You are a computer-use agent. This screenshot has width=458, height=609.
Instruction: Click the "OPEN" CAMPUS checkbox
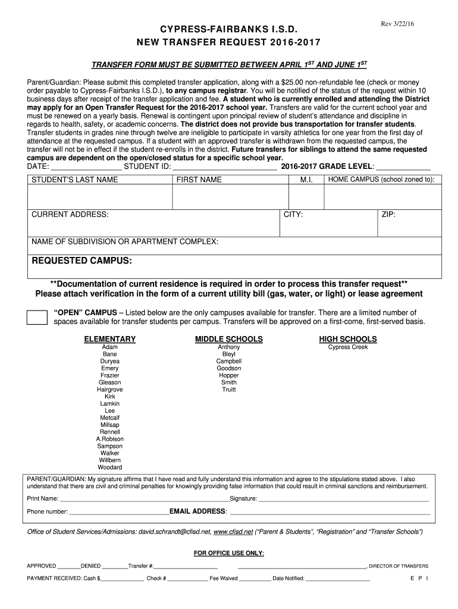pyautogui.click(x=37, y=317)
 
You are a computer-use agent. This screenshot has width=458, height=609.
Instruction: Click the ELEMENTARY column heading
pyautogui.click(x=110, y=339)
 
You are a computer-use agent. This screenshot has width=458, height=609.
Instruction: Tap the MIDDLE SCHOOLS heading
pyautogui.click(x=229, y=339)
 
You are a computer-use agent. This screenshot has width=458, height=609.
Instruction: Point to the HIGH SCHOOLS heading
pyautogui.click(x=348, y=339)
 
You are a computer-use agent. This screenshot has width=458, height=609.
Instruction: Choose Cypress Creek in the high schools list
pyautogui.click(x=348, y=347)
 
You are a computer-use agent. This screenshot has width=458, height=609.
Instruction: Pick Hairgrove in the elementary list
pyautogui.click(x=110, y=390)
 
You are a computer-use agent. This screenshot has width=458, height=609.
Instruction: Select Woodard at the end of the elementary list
pyautogui.click(x=110, y=467)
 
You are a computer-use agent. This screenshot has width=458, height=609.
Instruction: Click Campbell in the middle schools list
pyautogui.click(x=229, y=362)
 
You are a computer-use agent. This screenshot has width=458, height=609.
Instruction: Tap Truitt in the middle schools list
pyautogui.click(x=229, y=390)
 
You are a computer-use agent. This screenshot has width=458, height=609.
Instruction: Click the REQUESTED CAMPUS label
pyautogui.click(x=81, y=261)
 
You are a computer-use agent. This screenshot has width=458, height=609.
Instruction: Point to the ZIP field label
pyautogui.click(x=388, y=214)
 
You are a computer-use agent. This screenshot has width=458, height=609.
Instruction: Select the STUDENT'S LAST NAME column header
pyautogui.click(x=74, y=180)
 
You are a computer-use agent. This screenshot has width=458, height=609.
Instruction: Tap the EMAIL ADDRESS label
pyautogui.click(x=198, y=511)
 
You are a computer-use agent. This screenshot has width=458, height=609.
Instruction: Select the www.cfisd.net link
pyautogui.click(x=233, y=532)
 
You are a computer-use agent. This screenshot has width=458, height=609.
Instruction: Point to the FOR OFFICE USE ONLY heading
pyautogui.click(x=229, y=553)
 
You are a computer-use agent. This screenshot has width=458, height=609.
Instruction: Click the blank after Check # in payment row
pyautogui.click(x=187, y=578)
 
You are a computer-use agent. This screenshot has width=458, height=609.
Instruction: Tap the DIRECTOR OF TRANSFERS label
pyautogui.click(x=399, y=566)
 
